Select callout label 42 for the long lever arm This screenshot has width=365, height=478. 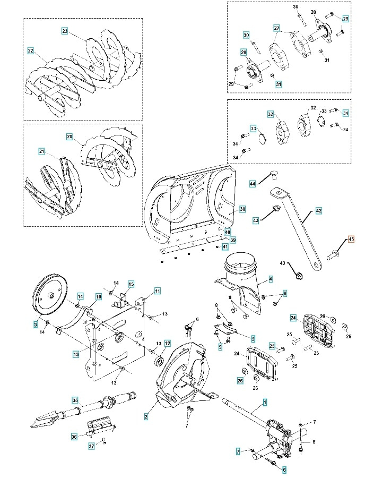(x=318, y=211)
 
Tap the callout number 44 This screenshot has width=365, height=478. (x=253, y=183)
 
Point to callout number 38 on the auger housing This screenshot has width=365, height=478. (x=242, y=209)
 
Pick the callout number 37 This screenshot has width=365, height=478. (x=91, y=446)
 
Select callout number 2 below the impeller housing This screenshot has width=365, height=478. (x=146, y=417)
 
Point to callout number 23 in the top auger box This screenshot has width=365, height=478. (x=65, y=31)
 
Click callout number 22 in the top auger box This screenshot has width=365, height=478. (x=30, y=50)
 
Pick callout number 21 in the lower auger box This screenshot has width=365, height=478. (x=41, y=151)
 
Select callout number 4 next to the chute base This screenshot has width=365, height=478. (x=271, y=279)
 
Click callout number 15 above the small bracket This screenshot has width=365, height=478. (x=131, y=284)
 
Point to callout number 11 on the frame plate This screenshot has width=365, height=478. (x=158, y=291)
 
